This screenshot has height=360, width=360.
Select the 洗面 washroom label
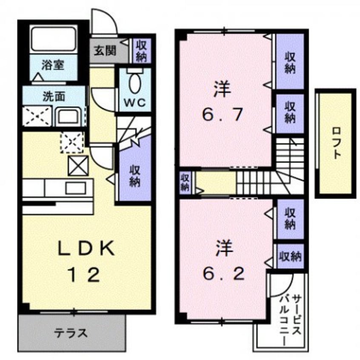tap(54, 96)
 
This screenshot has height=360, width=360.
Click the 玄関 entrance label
tap(105, 52)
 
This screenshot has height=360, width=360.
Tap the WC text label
tap(135, 102)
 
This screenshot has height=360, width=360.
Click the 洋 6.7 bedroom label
tap(222, 103)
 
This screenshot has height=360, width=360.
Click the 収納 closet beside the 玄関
tap(139, 51)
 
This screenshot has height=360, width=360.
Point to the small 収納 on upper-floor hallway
tap(185, 181)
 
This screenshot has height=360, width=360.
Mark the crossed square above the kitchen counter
tap(78, 164)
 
